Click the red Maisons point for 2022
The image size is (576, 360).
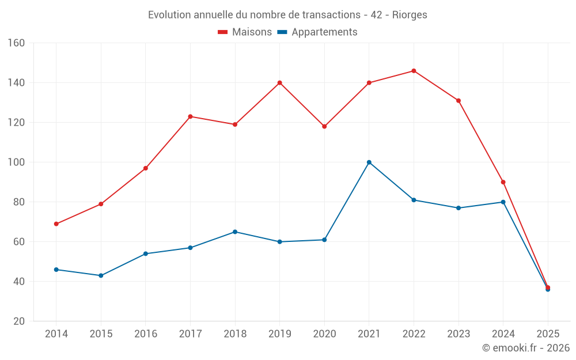tap(414, 71)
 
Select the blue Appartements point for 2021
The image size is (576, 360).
tap(369, 162)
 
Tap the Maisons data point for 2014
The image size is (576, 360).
tap(56, 224)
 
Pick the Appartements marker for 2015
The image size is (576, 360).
tap(101, 275)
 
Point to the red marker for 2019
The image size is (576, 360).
tap(280, 83)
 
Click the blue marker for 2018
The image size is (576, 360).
tap(235, 232)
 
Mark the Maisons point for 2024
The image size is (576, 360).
tap(503, 182)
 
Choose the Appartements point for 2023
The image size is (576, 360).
tap(458, 208)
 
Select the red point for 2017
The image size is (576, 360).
tap(190, 116)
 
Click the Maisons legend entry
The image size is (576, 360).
tap(245, 32)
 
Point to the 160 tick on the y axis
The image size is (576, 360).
tap(17, 43)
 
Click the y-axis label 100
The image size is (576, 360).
tap(17, 162)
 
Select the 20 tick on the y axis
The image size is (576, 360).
tap(19, 321)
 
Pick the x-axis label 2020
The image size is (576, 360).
tap(324, 334)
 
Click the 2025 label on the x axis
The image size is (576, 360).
tap(548, 334)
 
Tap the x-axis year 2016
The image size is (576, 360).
tap(146, 334)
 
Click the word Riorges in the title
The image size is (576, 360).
tap(410, 15)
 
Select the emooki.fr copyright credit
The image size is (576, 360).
tap(526, 348)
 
